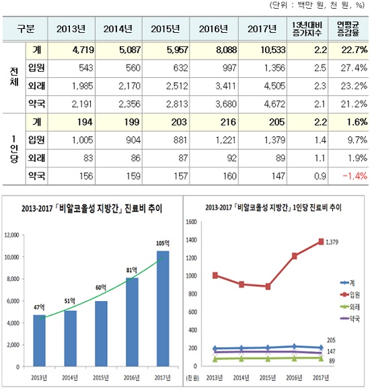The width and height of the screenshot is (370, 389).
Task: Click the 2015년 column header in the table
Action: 165,29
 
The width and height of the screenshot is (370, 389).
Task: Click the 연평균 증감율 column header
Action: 348,29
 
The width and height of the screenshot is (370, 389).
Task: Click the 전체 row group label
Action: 14,77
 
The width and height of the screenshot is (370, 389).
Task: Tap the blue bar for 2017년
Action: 163,308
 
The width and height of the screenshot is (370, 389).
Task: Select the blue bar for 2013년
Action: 39,341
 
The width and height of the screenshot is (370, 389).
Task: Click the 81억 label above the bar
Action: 131,270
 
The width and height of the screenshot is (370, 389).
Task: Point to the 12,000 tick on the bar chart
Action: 11,235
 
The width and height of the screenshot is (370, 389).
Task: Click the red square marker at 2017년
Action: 321,241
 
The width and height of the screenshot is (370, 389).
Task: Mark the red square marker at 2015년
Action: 268,286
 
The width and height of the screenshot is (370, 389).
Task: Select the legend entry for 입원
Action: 350,295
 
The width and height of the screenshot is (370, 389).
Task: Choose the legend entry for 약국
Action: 350,318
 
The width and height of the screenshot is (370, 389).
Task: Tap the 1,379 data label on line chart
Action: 332,242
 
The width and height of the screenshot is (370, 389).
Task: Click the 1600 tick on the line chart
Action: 192,222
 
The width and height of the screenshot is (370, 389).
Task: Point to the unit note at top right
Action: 317,5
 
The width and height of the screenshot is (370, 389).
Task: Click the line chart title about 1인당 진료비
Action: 273,208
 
